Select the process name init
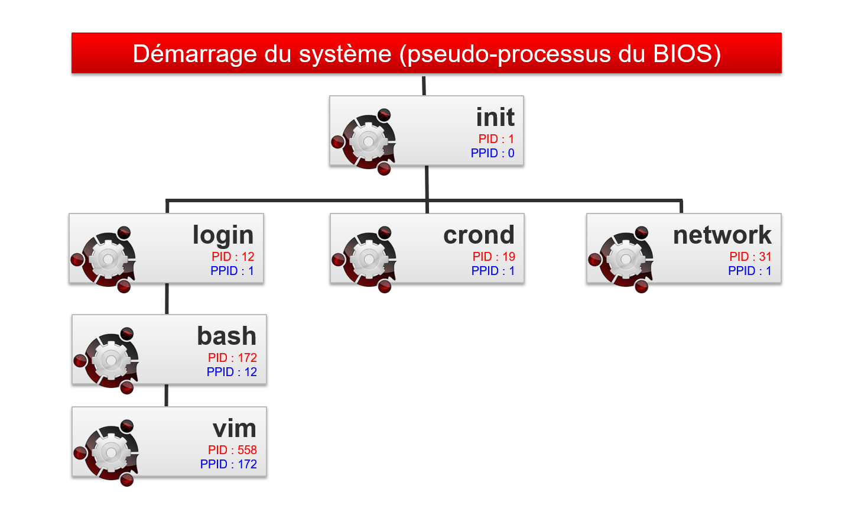pos(495,117)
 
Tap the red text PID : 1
pos(496,139)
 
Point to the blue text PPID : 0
pos(492,153)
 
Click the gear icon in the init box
pos(368,142)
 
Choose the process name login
pos(223,235)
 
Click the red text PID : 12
pos(233,257)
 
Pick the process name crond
pos(479,235)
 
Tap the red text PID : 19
pos(493,257)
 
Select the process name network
pos(722,235)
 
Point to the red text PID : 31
pos(750,257)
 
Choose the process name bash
pos(226,336)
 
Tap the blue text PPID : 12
pos(232,372)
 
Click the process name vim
pos(234,428)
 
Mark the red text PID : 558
pos(232,450)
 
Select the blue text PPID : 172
pos(228,464)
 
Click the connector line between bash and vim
pos(167,396)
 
